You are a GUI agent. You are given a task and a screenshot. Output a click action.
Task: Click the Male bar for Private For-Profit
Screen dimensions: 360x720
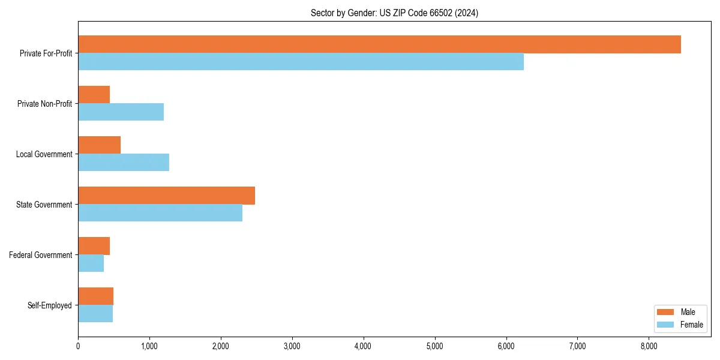pos(379,44)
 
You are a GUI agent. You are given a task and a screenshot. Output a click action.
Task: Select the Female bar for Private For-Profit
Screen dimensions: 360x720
pos(301,62)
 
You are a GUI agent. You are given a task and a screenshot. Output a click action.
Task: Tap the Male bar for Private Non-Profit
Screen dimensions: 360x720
pos(94,95)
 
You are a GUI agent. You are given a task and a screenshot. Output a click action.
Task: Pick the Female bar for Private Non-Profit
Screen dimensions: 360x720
pos(121,112)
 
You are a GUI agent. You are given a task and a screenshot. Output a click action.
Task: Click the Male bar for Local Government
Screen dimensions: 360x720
pos(99,145)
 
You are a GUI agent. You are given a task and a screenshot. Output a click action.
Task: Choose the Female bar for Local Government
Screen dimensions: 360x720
pos(124,163)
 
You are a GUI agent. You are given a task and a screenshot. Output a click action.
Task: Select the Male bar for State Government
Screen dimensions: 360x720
pos(166,196)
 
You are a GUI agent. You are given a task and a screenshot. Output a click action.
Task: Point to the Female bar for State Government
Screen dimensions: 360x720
pos(160,213)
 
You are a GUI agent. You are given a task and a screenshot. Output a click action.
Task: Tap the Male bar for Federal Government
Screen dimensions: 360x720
pos(94,246)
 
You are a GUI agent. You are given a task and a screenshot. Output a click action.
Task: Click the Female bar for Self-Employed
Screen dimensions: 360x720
pos(95,314)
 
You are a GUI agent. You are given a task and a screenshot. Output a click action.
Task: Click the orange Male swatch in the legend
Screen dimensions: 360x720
pos(665,312)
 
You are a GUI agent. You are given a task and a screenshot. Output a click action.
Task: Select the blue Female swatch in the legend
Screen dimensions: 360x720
pos(665,325)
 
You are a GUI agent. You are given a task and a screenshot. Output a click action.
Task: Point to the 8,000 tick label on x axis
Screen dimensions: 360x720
pos(649,346)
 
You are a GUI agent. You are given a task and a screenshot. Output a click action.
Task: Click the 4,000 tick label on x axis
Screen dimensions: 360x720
pos(364,346)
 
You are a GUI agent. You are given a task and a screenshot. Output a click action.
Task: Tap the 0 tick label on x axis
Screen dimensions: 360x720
pos(78,346)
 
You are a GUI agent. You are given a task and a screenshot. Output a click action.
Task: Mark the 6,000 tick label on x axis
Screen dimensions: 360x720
pos(506,346)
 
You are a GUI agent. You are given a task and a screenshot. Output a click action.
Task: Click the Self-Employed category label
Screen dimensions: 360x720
pos(50,305)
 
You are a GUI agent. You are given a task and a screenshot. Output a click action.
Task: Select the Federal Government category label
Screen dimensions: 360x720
pos(41,255)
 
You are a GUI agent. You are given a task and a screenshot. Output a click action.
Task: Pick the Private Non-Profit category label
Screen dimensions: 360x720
pos(44,104)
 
